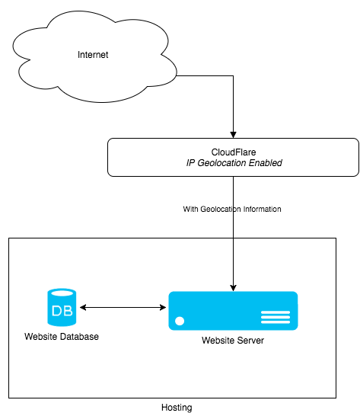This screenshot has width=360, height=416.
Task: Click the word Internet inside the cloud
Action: pos(94,56)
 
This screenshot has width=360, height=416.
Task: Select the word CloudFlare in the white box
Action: pos(233,152)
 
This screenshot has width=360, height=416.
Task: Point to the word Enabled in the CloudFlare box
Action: pos(263,163)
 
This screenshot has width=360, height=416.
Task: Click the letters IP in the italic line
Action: pos(191,163)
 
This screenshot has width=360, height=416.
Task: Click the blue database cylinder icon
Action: pos(62,308)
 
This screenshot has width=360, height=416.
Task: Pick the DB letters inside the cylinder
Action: pos(62,311)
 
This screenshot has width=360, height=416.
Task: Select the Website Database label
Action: pos(62,337)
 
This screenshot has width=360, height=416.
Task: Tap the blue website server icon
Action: pos(233,311)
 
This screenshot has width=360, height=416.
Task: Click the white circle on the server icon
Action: pos(180,321)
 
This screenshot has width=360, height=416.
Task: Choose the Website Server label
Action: pos(233,341)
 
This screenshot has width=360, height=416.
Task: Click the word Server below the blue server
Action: pos(250,341)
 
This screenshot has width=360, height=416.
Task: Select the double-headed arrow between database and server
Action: pos(123,307)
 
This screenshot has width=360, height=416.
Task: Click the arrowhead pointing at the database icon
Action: pos(83,307)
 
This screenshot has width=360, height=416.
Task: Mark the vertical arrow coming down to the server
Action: pos(233,263)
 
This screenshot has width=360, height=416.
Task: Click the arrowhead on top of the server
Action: pos(233,287)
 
